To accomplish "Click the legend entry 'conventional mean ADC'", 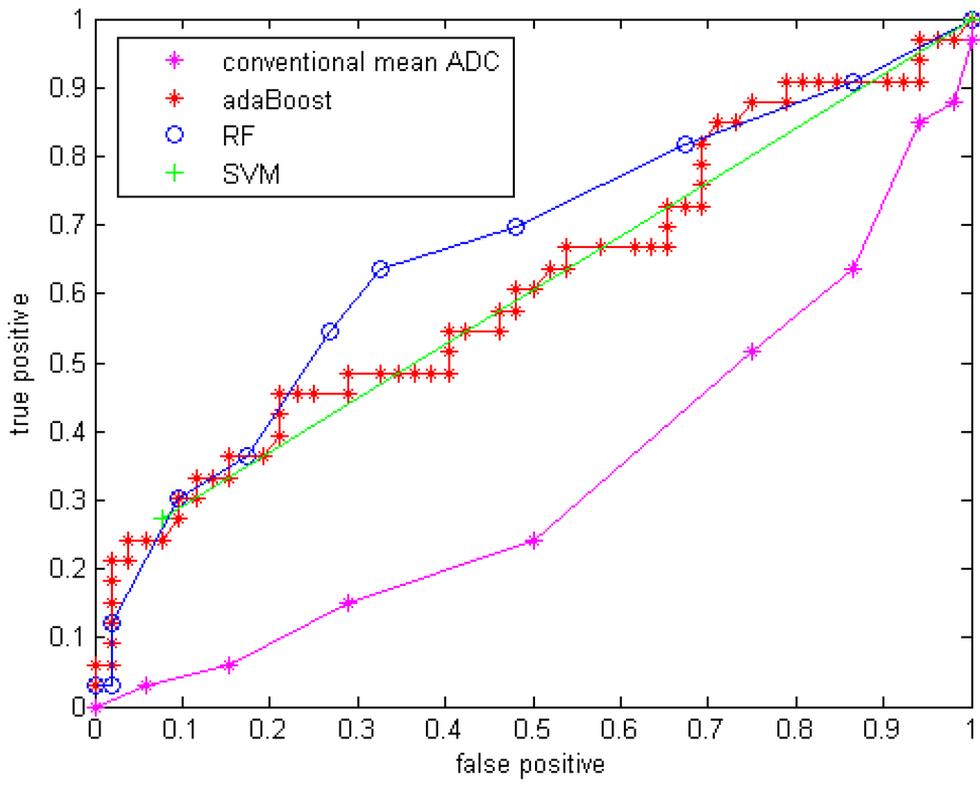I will pyautogui.click(x=361, y=64).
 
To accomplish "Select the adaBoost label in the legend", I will pyautogui.click(x=277, y=101).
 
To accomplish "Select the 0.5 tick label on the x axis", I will pyautogui.click(x=533, y=730).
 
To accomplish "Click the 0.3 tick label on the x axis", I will pyautogui.click(x=358, y=730).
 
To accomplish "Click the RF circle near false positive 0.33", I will pyautogui.click(x=380, y=269).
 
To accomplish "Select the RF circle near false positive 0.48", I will pyautogui.click(x=516, y=227).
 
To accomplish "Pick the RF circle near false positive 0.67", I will pyautogui.click(x=685, y=145).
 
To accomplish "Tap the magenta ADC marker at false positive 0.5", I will pyautogui.click(x=534, y=541).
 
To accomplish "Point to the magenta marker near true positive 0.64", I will pyautogui.click(x=854, y=269).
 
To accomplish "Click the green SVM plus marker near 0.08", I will pyautogui.click(x=163, y=518).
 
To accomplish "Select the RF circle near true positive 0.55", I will pyautogui.click(x=330, y=331).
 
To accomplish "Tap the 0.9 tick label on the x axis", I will pyautogui.click(x=884, y=730).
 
